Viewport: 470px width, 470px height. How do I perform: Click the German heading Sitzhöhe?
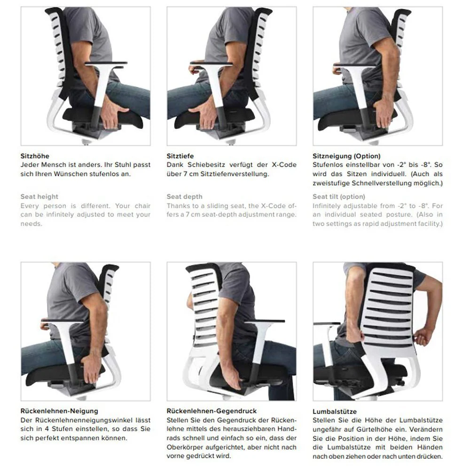click(35, 156)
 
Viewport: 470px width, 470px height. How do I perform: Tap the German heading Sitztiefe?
click(180, 156)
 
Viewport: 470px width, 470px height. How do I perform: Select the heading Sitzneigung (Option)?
click(346, 156)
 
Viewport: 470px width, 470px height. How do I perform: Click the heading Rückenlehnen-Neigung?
click(59, 411)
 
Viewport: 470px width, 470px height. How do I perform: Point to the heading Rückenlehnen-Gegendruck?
click(211, 411)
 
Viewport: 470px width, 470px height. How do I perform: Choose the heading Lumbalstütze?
click(334, 411)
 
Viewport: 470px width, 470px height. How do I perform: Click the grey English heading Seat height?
click(39, 196)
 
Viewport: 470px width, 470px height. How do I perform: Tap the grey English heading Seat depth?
click(184, 196)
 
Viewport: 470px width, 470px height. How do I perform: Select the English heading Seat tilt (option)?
click(338, 196)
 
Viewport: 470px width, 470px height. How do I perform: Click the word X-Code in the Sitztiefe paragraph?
click(283, 165)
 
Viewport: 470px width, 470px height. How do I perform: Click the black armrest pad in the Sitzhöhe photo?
click(106, 63)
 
